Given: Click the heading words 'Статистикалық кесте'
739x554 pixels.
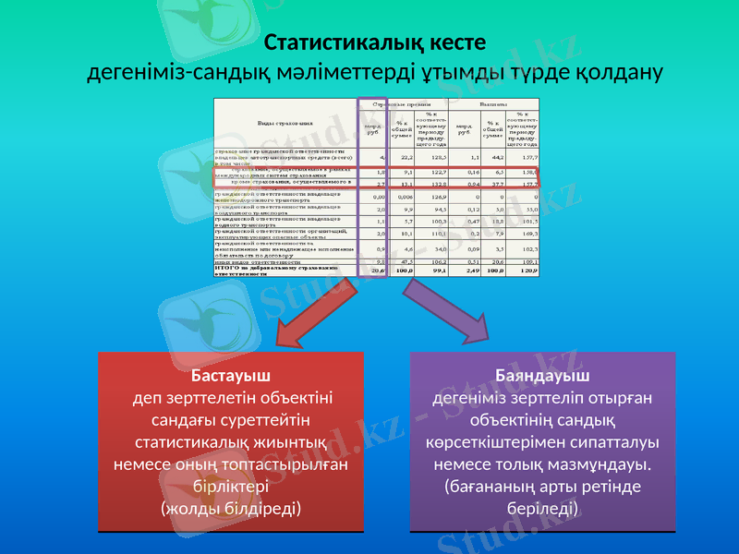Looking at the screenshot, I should coord(374,43).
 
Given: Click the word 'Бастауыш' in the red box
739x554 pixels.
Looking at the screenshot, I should coord(230,377).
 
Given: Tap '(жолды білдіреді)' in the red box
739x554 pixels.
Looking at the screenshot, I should coord(230,508).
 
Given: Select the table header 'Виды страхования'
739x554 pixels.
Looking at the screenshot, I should coord(285,122).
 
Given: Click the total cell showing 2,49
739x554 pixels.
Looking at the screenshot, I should coord(471,271).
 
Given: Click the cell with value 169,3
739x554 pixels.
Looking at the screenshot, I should coord(528,235).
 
